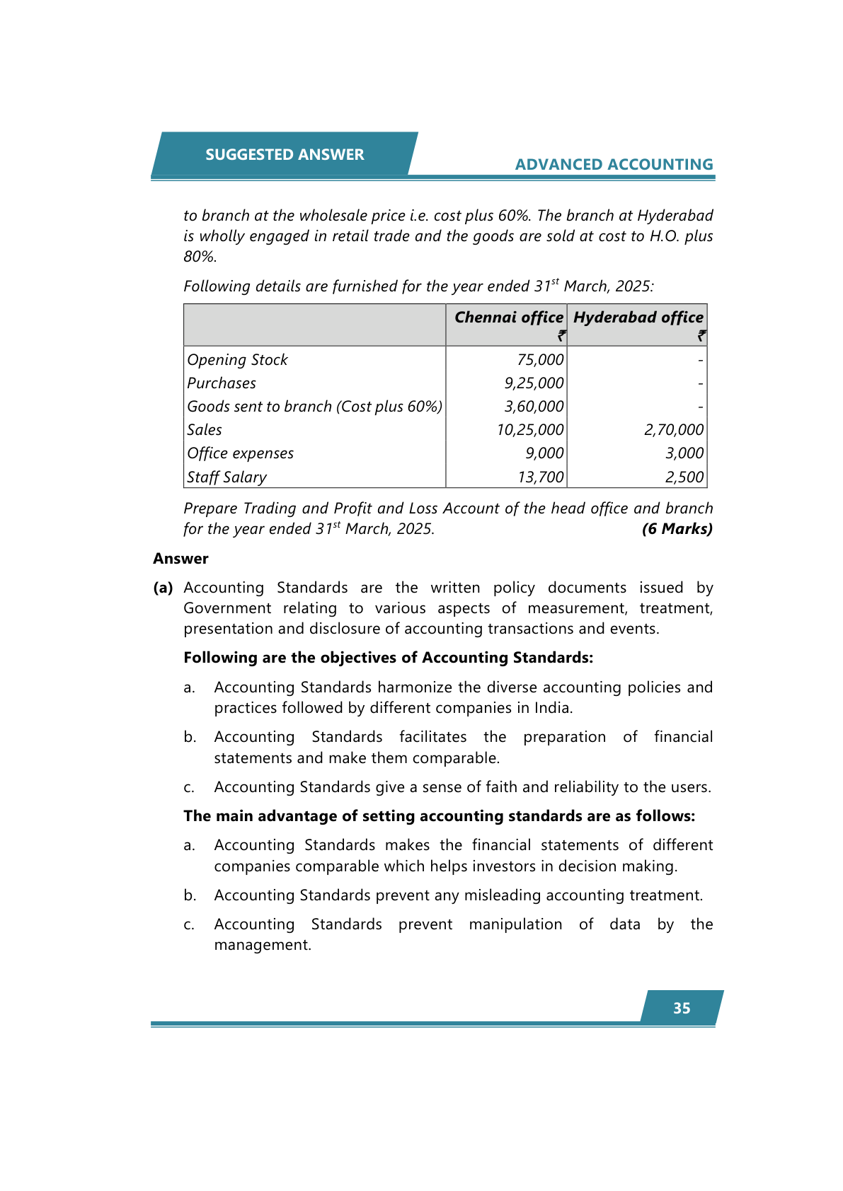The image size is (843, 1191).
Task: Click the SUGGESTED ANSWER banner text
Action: (285, 155)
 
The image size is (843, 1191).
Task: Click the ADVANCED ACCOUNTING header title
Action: (614, 165)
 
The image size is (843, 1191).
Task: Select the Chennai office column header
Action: (508, 318)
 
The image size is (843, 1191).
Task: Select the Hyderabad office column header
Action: (638, 318)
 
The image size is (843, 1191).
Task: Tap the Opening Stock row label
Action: (237, 360)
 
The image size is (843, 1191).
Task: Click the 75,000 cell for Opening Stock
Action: (540, 360)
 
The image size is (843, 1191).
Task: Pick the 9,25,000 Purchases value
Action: (534, 383)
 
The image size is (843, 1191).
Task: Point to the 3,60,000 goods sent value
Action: (534, 407)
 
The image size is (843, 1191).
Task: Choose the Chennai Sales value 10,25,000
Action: (530, 430)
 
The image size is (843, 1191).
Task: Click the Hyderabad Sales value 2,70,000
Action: (673, 430)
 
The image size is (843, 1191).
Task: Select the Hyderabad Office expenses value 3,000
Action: (684, 453)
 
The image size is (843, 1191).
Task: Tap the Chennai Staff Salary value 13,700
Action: (540, 477)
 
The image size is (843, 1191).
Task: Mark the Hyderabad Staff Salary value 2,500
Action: (684, 477)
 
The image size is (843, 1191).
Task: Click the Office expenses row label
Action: (240, 453)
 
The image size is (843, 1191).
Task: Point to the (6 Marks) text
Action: (677, 529)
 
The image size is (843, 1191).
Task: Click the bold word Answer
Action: (180, 559)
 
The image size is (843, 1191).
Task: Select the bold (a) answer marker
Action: (163, 588)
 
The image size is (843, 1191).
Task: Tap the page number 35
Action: (682, 1009)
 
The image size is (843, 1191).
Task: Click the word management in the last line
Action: (262, 945)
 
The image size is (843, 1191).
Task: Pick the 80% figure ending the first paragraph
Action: (200, 257)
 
